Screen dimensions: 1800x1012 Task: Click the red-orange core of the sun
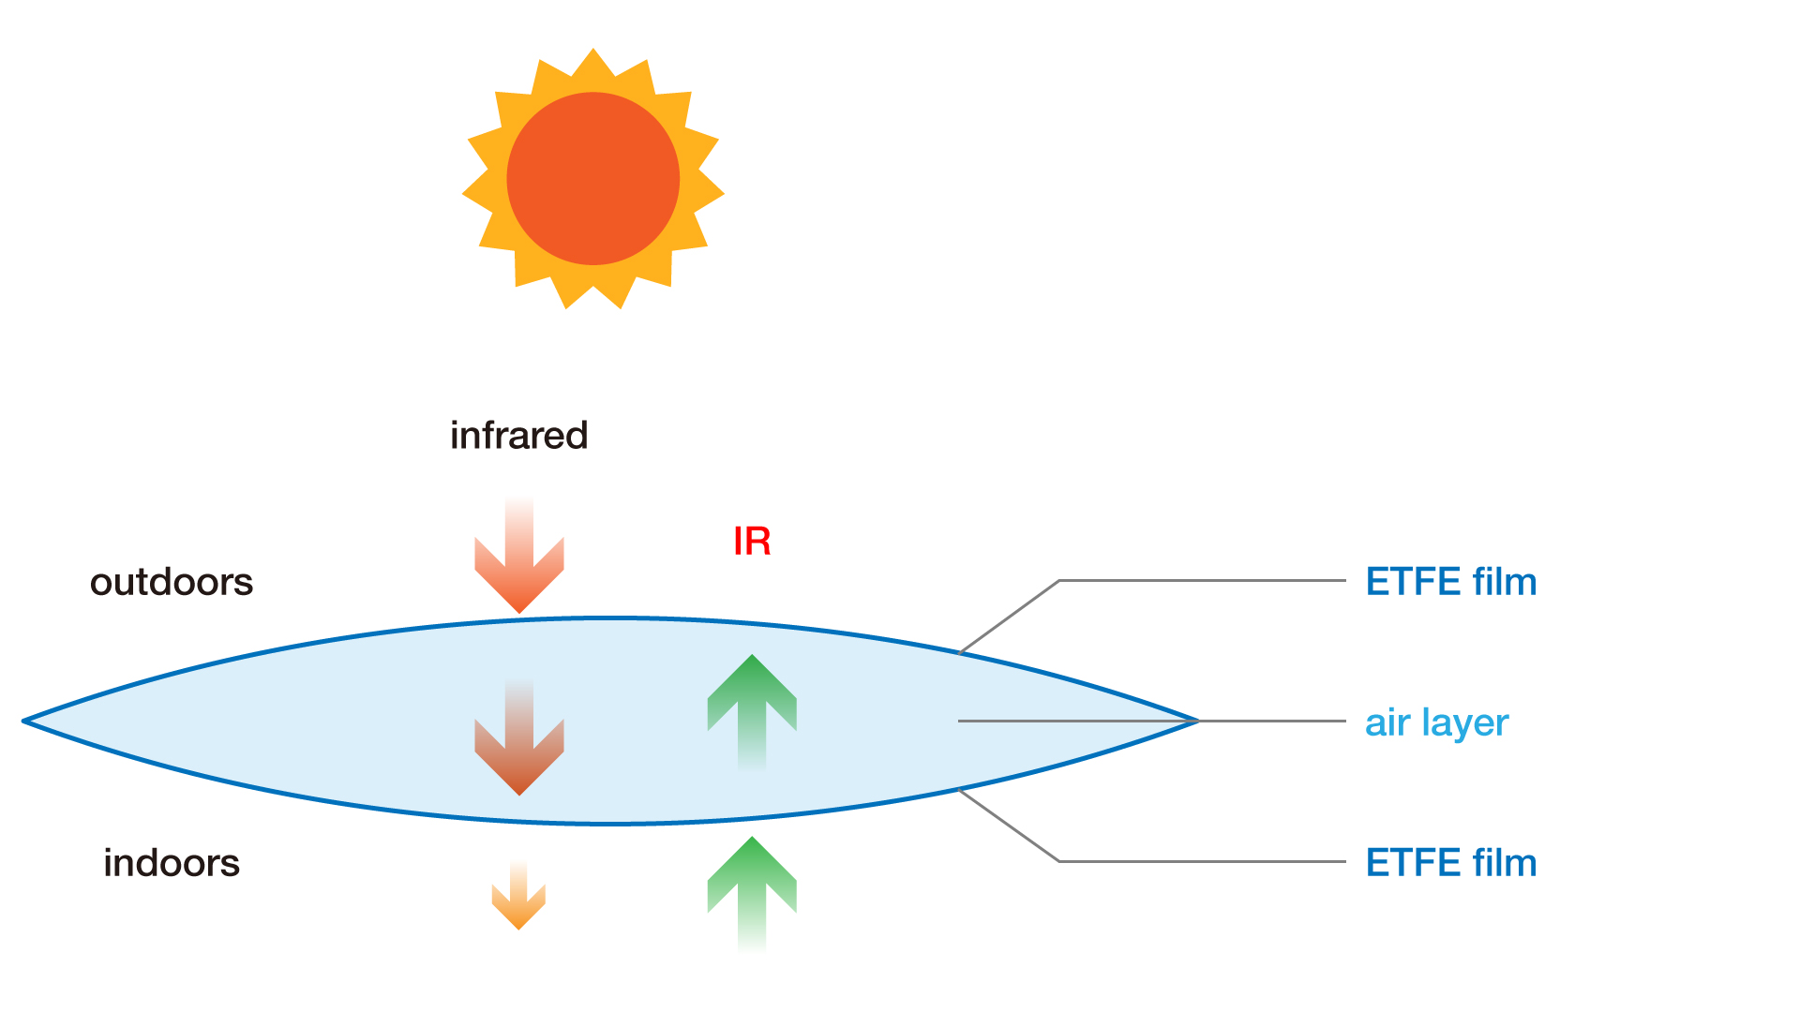point(592,178)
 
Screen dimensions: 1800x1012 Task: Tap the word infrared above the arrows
point(518,436)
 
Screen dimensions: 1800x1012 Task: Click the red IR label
point(752,542)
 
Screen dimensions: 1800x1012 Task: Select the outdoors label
point(172,582)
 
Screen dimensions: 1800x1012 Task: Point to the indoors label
point(172,863)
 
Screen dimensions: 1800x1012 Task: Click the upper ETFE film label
point(1451,582)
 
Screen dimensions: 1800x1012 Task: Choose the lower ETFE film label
point(1451,863)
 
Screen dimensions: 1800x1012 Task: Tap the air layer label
point(1436,723)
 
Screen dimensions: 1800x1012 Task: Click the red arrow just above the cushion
point(519,557)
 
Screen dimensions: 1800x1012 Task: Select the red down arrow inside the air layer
point(519,738)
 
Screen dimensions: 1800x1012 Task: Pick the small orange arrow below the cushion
point(518,896)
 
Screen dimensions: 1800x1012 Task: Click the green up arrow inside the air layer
point(752,712)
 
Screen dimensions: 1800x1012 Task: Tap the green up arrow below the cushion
point(752,894)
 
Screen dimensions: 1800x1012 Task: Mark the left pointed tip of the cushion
point(23,721)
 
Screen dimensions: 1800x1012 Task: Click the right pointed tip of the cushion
point(1198,721)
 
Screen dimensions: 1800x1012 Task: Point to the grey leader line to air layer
point(1152,721)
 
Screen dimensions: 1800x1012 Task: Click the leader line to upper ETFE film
point(1059,581)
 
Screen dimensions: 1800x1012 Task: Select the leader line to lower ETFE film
point(1059,860)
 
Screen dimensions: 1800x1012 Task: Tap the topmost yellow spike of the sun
point(592,51)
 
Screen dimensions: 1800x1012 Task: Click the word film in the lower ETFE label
point(1505,863)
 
